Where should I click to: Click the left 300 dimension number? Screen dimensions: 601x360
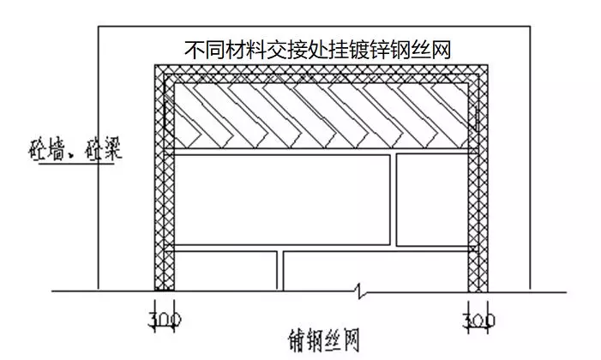[x=165, y=321]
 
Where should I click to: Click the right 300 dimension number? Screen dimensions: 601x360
[x=478, y=321]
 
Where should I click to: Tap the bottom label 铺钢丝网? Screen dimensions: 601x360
[x=324, y=340]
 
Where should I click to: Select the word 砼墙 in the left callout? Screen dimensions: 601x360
[x=47, y=149]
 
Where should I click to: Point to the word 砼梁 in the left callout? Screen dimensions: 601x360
[x=104, y=148]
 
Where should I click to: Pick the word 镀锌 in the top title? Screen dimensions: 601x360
[x=370, y=50]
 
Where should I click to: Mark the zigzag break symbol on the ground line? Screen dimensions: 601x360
[x=359, y=291]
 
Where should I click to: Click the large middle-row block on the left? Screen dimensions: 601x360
[x=282, y=200]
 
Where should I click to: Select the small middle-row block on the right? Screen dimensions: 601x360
[x=432, y=200]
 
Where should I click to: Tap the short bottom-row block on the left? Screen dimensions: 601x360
[x=225, y=271]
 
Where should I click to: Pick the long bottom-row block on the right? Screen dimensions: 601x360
[x=376, y=271]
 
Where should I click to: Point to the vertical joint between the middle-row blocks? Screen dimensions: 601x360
[x=394, y=200]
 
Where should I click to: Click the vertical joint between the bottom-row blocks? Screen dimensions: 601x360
[x=280, y=271]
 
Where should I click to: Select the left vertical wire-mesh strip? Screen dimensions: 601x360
[x=164, y=178]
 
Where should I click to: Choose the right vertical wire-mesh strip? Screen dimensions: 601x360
[x=478, y=178]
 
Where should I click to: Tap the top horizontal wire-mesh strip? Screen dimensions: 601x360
[x=322, y=74]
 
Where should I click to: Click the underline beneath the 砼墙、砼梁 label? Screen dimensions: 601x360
[x=76, y=164]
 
